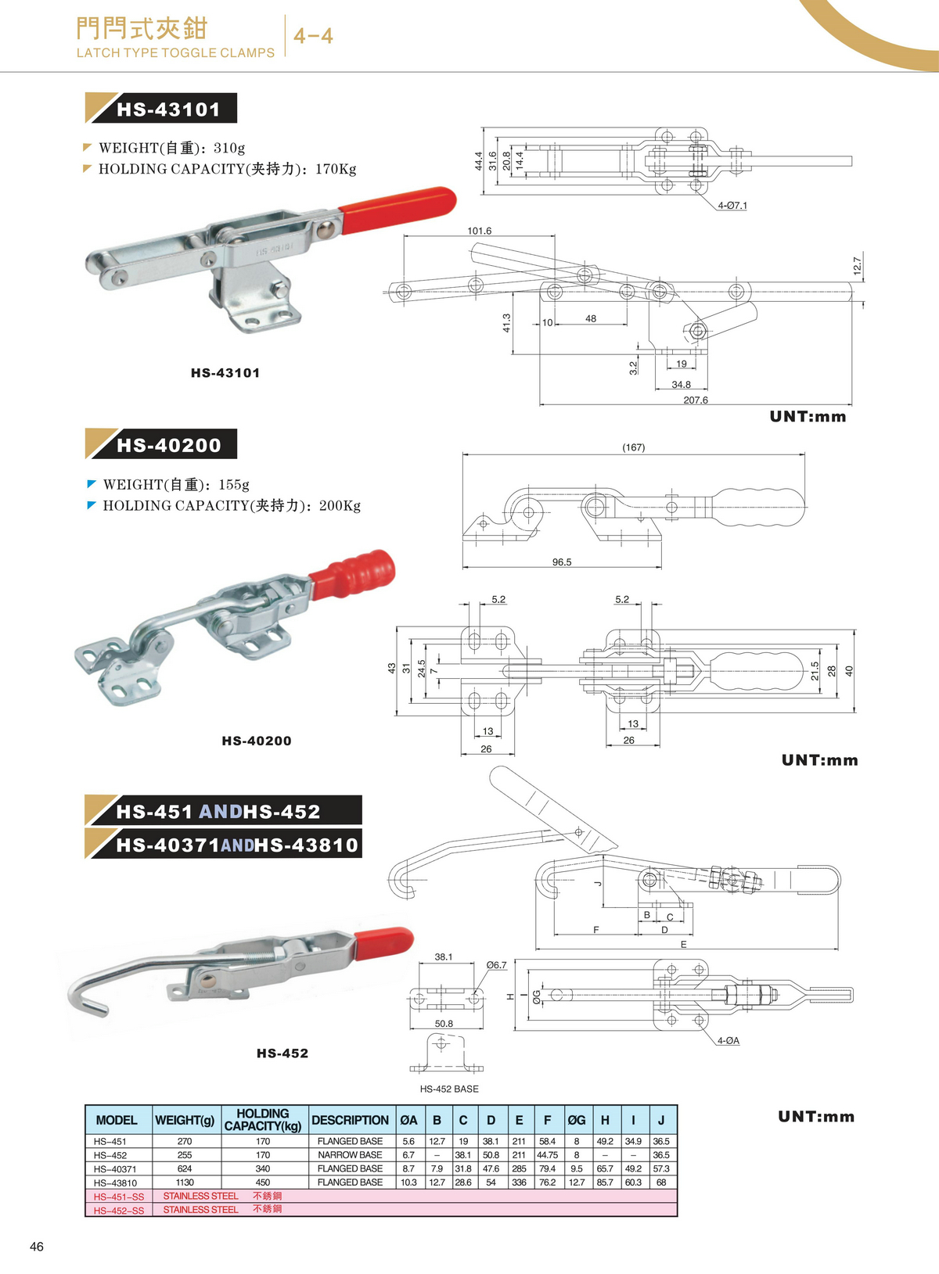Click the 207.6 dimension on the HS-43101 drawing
pyautogui.click(x=695, y=400)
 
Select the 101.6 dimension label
pyautogui.click(x=479, y=231)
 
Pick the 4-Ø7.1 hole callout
pyautogui.click(x=732, y=206)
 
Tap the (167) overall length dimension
pyautogui.click(x=633, y=447)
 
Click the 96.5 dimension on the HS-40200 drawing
pyautogui.click(x=562, y=562)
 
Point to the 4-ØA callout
pyautogui.click(x=728, y=1040)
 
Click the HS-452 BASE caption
pyautogui.click(x=449, y=1089)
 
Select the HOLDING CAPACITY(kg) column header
pyautogui.click(x=263, y=1119)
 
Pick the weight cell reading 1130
pyautogui.click(x=185, y=1182)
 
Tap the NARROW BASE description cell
pyautogui.click(x=350, y=1154)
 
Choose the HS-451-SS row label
pyautogui.click(x=119, y=1197)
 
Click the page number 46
pyautogui.click(x=37, y=1247)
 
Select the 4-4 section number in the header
pyautogui.click(x=313, y=36)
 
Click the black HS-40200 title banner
pyautogui.click(x=168, y=445)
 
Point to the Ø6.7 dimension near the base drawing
pyautogui.click(x=496, y=965)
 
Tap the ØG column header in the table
pyautogui.click(x=577, y=1120)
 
